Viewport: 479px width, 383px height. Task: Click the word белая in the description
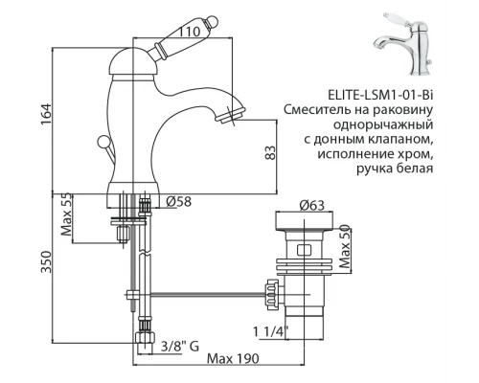(414, 170)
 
